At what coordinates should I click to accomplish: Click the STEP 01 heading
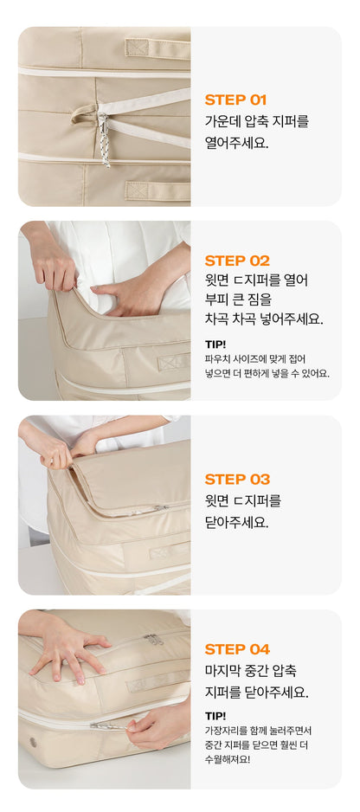click(235, 100)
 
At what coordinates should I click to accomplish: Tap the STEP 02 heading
click(237, 261)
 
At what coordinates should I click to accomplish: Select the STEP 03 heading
click(237, 479)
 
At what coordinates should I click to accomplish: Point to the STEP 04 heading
click(237, 649)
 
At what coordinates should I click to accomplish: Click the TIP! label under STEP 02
click(215, 344)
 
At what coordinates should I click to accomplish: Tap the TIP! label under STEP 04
click(215, 716)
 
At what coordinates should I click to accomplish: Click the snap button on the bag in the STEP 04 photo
click(34, 742)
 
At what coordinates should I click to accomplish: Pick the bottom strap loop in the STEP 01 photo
click(157, 191)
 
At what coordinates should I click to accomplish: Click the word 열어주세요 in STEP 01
click(237, 144)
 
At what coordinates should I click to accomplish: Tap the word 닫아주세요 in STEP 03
click(237, 523)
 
